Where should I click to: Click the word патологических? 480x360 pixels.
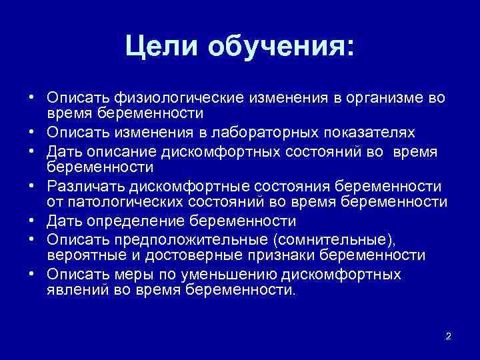point(110,201)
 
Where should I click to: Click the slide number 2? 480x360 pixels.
point(448,335)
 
